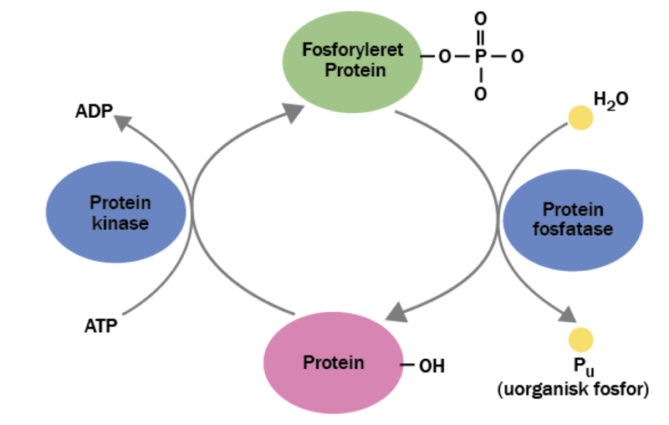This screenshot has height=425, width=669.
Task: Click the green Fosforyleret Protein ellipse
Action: point(353,59)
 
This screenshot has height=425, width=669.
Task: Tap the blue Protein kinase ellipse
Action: point(118,212)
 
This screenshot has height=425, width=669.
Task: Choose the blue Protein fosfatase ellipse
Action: point(573,219)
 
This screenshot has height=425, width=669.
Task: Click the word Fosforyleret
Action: point(353,49)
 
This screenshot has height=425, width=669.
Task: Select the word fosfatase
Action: point(573,229)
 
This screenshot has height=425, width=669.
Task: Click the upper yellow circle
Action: point(581,118)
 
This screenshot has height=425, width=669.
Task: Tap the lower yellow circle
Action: point(580,340)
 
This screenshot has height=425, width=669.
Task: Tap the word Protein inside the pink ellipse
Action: point(333,364)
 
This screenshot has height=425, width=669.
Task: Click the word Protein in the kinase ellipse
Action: point(120,202)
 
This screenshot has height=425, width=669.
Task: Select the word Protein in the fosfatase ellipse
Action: point(573,209)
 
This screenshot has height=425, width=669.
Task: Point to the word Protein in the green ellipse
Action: point(355,69)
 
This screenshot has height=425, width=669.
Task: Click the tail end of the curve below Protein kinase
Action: point(123,315)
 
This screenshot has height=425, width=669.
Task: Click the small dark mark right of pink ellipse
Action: point(404,365)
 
